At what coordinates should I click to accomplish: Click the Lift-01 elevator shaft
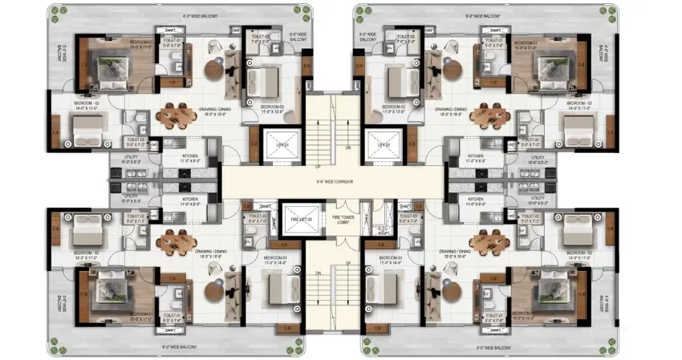click(282, 144)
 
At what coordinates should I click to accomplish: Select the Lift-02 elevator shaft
click(383, 144)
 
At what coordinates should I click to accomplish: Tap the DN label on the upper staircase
click(347, 148)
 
